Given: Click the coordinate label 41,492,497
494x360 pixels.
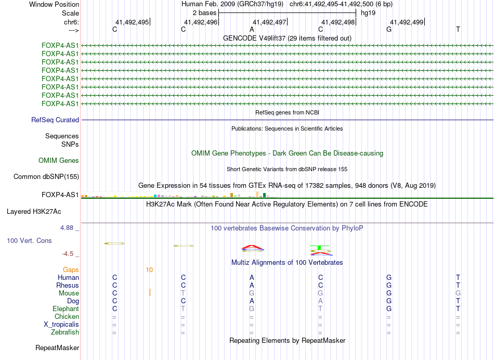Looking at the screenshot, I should click(269, 22).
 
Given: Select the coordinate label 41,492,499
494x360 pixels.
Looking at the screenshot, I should click(407, 22).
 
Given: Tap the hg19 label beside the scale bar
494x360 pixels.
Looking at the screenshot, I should click(368, 12).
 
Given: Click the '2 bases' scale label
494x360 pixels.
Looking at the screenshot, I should click(204, 12).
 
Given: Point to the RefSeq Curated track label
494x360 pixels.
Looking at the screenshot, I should click(55, 120).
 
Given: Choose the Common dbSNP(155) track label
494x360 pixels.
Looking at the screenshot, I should click(46, 177).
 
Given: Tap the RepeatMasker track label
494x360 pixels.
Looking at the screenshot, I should click(57, 348).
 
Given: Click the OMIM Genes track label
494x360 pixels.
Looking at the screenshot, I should click(59, 161).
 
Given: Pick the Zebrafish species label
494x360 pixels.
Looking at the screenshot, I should click(65, 332).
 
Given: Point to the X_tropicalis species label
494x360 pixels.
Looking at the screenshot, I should click(61, 325).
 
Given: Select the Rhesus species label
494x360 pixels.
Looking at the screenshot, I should click(68, 286).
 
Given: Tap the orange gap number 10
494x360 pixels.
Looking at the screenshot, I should click(149, 270).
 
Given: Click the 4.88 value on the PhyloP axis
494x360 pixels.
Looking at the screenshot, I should click(68, 228).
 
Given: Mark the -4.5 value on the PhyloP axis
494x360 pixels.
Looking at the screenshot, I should click(69, 254).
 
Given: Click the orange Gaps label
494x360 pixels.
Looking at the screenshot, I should click(71, 270).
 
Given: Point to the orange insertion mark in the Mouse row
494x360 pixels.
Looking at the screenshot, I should click(150, 292).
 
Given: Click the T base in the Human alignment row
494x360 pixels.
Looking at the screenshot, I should click(458, 278).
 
